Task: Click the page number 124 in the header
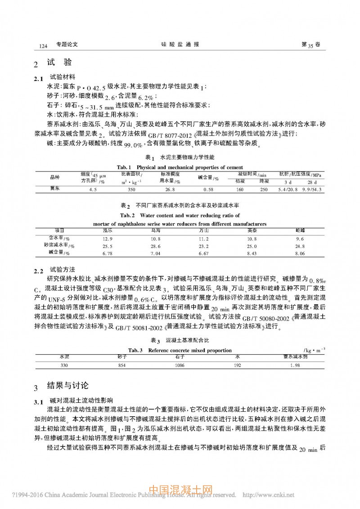44,46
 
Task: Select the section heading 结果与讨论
68,386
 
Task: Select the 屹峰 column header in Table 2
300,230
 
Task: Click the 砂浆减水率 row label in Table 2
59,246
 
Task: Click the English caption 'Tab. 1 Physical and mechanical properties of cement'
180,167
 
